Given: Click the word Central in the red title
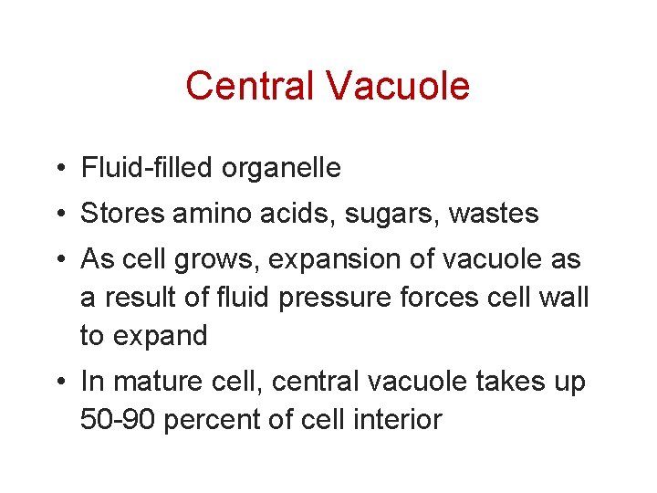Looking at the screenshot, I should [250, 86].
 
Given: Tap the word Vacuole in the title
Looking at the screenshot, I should [397, 86].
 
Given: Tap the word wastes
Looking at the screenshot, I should [492, 215].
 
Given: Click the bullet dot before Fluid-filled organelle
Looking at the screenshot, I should [58, 169].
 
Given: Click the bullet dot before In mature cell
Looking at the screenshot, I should [58, 383].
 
